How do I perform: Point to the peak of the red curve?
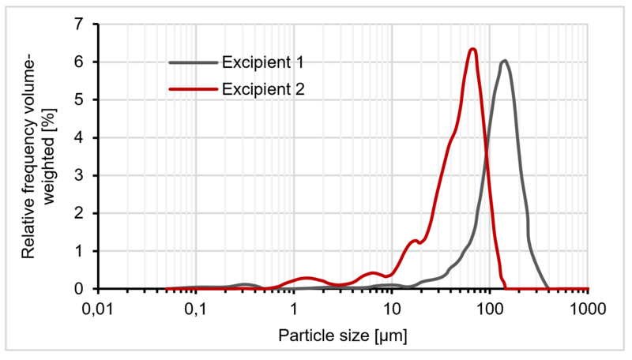point(472,49)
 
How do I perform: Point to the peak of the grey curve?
point(504,60)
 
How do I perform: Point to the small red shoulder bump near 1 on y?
point(415,241)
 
